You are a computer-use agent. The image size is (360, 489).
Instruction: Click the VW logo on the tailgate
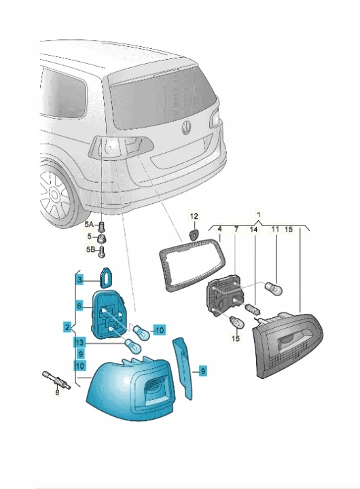187,128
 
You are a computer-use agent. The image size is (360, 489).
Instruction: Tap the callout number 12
194,216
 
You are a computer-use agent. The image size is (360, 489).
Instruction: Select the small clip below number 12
194,234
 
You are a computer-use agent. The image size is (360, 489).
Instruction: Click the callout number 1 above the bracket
258,215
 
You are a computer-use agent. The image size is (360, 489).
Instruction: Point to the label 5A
89,224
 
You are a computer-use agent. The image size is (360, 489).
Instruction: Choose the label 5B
90,249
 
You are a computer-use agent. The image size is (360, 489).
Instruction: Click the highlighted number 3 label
80,280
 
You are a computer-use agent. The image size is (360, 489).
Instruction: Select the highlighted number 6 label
79,306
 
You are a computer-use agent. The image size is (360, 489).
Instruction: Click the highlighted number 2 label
67,327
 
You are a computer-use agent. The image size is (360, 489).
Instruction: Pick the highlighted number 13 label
79,342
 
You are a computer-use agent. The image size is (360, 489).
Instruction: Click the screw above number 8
56,380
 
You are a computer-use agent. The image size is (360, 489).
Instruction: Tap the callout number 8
58,393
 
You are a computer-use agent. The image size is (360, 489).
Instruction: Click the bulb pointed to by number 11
274,288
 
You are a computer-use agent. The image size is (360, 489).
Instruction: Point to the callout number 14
254,230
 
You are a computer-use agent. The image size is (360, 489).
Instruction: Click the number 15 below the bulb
236,338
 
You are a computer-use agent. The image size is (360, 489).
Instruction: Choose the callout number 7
236,230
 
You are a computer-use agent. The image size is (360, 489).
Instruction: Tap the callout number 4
219,230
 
